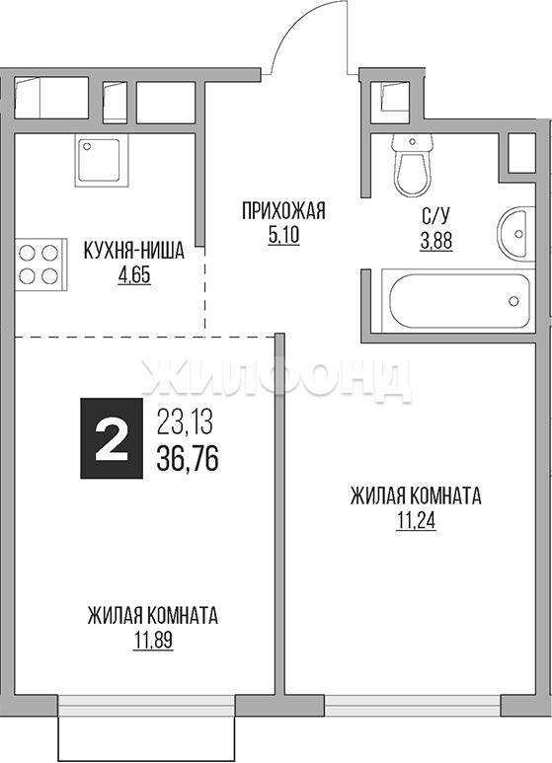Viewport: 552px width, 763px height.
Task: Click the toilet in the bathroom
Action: pos(413,165)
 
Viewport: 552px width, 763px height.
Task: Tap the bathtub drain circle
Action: pos(513,301)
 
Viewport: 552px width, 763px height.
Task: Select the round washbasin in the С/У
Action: pos(516,234)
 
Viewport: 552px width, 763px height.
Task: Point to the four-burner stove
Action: pos(40,265)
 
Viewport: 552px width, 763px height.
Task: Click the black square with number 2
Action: pos(112,438)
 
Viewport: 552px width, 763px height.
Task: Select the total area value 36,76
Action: pos(188,458)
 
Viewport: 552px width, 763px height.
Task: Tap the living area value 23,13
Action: pos(185,421)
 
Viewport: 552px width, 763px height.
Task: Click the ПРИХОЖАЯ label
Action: pos(283,211)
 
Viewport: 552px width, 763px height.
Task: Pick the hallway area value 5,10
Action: pos(283,236)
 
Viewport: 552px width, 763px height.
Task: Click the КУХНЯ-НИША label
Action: pos(134,252)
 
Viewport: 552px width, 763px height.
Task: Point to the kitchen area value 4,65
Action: pos(134,275)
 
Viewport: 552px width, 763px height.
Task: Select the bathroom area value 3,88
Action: pos(436,241)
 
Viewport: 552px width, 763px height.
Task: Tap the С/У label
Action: pos(436,216)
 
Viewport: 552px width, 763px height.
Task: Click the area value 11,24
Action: pos(416,521)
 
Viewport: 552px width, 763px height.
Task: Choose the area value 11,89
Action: pos(153,641)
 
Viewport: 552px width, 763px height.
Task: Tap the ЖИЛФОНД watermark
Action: pos(276,380)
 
